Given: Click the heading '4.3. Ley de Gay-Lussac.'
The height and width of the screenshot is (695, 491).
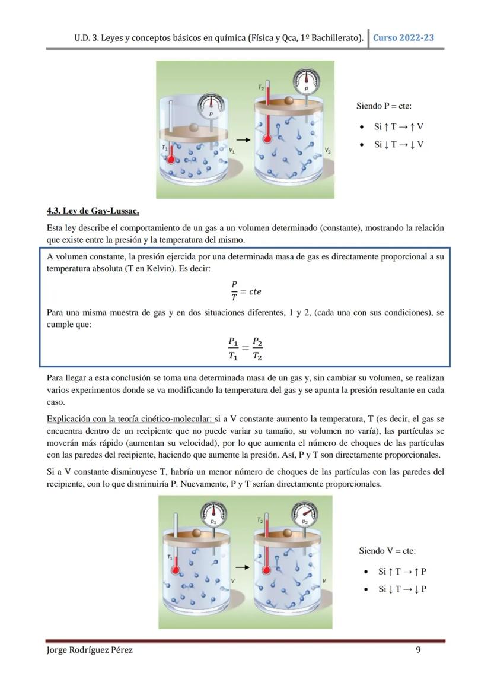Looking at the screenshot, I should click(93, 211).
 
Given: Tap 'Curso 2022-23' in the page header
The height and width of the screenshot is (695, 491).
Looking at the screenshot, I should click(403, 37).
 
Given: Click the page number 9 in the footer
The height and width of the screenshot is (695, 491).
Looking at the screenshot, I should click(418, 650).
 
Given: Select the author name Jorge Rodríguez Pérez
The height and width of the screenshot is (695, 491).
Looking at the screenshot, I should click(90, 650).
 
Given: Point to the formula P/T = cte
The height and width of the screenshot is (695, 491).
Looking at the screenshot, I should click(245, 291).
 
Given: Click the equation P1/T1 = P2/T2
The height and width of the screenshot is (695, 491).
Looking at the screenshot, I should click(245, 348).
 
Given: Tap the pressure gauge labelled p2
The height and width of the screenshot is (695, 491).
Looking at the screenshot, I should click(304, 515).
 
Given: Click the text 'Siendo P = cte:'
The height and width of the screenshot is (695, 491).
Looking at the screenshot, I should click(384, 106).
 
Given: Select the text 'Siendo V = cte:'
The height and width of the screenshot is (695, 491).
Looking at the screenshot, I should click(387, 551).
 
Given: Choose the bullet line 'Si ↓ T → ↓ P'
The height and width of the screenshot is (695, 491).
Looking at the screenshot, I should click(402, 589).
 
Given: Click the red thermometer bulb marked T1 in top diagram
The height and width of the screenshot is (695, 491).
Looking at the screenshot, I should click(171, 159).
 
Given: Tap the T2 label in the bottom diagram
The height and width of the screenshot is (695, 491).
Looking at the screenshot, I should click(260, 519).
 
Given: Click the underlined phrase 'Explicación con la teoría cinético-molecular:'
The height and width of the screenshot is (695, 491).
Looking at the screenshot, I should click(130, 418).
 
